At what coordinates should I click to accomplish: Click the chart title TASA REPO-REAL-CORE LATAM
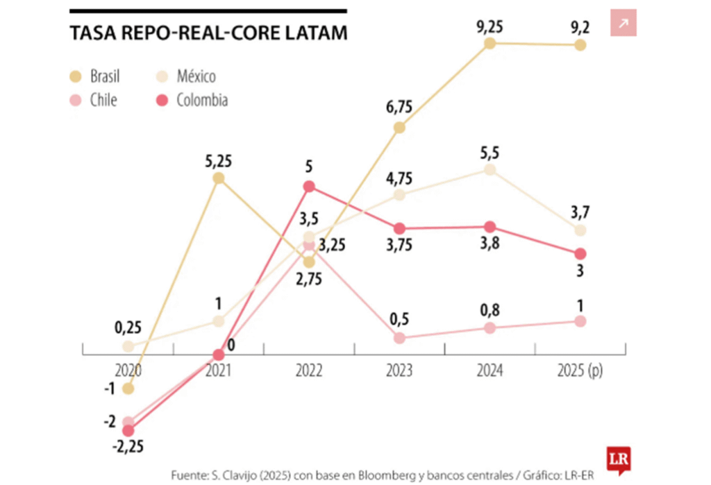coord(208,34)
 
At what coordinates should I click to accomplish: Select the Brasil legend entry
coord(97,76)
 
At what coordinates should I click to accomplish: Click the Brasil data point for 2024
coord(490,43)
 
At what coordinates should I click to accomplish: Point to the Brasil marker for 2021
coord(219,178)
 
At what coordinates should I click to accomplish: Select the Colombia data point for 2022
coord(310,186)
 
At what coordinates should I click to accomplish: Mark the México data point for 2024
coord(490,169)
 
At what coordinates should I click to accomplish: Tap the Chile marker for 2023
coord(399,338)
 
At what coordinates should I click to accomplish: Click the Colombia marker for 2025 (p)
coord(580,254)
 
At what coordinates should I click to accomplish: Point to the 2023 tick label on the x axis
coord(399,371)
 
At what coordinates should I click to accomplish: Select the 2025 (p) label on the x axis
coord(580,371)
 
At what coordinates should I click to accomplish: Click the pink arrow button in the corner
coord(623,24)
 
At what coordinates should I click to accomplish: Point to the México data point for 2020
coord(128,346)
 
